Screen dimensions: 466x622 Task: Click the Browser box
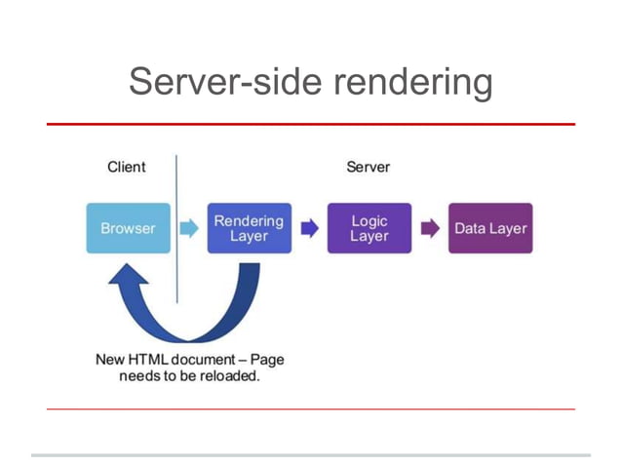pyautogui.click(x=128, y=228)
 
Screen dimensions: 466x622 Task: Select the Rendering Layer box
pyautogui.click(x=249, y=228)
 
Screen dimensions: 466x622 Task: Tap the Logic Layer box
pyautogui.click(x=369, y=228)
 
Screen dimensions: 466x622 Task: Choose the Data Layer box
pyautogui.click(x=490, y=228)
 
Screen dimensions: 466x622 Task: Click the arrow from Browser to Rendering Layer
pyautogui.click(x=188, y=229)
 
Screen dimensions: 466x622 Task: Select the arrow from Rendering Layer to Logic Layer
pyautogui.click(x=309, y=229)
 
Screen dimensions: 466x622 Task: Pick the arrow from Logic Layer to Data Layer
pyautogui.click(x=430, y=229)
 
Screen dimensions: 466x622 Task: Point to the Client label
pyautogui.click(x=126, y=167)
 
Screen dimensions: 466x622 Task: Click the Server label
pyautogui.click(x=368, y=167)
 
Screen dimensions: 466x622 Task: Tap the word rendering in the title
pyautogui.click(x=412, y=83)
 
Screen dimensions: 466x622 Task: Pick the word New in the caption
pyautogui.click(x=109, y=359)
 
